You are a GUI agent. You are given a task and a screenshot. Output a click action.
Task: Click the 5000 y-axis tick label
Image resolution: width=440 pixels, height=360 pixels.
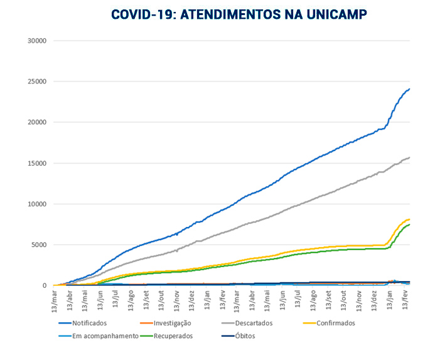[x=40, y=245]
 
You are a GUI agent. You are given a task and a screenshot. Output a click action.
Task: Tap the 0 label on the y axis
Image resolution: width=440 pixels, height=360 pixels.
[x=45, y=285]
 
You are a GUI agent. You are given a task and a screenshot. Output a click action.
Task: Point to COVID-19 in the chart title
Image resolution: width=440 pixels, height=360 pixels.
[x=142, y=14]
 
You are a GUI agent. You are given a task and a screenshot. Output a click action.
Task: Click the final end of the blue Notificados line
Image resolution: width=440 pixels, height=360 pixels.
[x=409, y=88]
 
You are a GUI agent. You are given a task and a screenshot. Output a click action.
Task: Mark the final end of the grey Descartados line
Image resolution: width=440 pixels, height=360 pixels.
[x=409, y=157]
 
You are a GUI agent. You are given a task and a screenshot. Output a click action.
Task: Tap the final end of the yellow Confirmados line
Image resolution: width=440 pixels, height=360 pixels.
[x=409, y=219]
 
